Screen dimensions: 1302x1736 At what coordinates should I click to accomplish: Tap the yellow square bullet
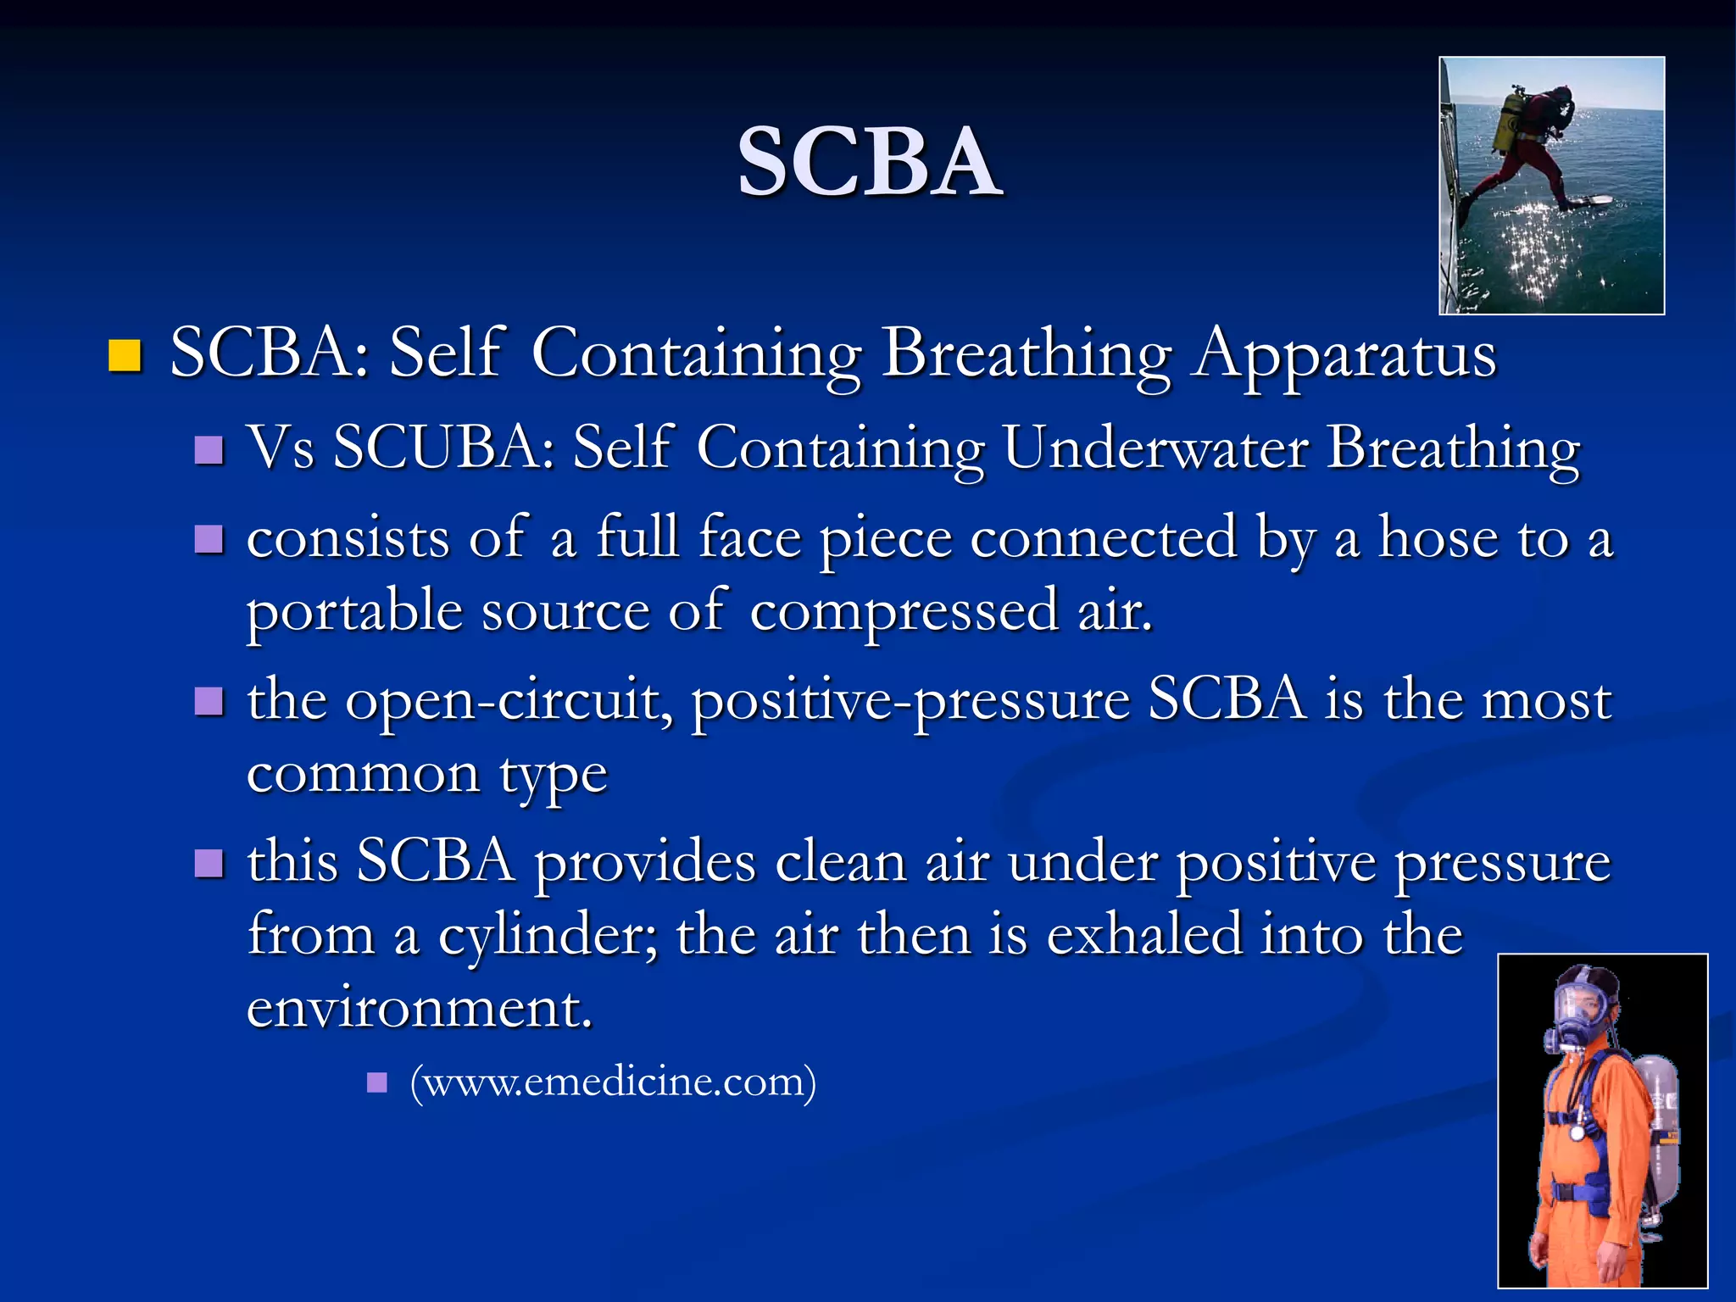click(125, 356)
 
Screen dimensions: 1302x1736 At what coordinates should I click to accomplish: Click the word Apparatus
click(1344, 354)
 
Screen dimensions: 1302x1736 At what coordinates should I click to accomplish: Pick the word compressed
click(904, 611)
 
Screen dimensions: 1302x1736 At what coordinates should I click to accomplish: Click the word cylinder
click(548, 936)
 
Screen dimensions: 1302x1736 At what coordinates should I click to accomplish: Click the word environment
click(419, 1009)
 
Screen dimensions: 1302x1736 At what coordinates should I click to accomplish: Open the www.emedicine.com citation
click(613, 1082)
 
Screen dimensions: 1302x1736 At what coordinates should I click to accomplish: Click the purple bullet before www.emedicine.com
click(377, 1082)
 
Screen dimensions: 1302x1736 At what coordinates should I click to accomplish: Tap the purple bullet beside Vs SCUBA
click(209, 449)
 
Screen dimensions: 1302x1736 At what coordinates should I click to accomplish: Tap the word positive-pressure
click(910, 701)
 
